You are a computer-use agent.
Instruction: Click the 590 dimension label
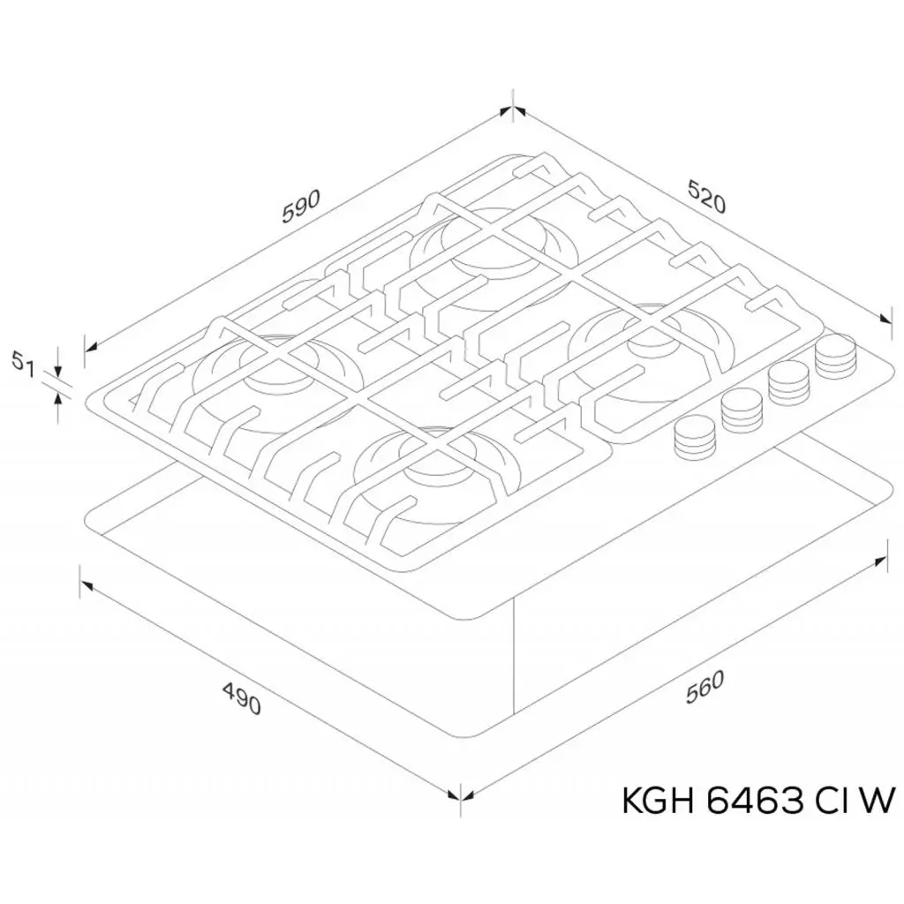(300, 206)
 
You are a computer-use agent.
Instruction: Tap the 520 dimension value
(706, 196)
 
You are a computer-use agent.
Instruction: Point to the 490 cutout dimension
(242, 697)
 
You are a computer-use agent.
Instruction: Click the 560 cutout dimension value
(704, 688)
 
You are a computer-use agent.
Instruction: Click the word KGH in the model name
(659, 801)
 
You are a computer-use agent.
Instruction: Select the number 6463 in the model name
(754, 801)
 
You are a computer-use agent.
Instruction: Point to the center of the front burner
(438, 473)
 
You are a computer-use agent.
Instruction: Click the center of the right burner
(652, 346)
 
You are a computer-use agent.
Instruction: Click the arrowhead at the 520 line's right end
(885, 319)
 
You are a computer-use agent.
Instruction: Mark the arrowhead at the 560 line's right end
(881, 561)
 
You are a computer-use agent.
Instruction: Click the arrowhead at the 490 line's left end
(87, 585)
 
